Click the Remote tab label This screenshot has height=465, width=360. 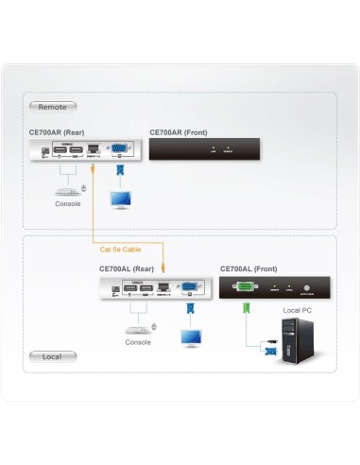tap(54, 108)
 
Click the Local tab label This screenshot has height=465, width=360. tap(51, 356)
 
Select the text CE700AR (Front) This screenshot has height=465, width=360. tap(179, 133)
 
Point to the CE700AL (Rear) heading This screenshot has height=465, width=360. tap(129, 268)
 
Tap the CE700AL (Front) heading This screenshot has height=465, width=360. tap(249, 268)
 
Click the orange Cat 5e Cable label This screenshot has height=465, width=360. tap(120, 250)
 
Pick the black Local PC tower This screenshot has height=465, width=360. tap(297, 341)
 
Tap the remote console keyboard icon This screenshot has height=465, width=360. tap(68, 190)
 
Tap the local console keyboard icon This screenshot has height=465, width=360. tap(138, 329)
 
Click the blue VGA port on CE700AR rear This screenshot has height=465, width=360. tap(121, 149)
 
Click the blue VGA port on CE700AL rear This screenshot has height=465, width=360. tap(191, 284)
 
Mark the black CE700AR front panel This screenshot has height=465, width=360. tap(205, 148)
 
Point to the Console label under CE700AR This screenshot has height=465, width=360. tap(68, 204)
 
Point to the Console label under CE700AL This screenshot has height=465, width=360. tap(138, 342)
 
